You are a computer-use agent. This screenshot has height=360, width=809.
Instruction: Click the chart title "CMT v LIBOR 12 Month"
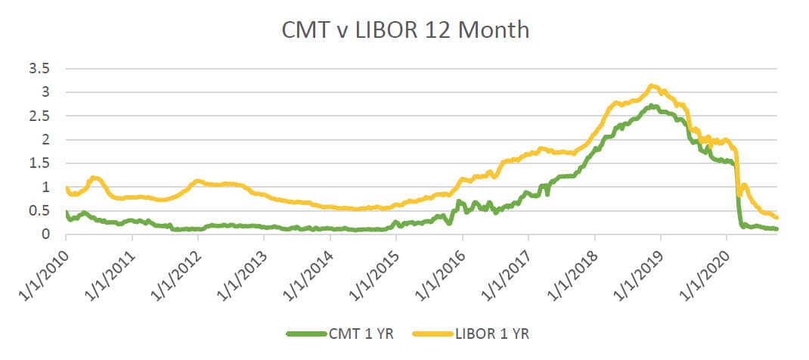[x=405, y=30]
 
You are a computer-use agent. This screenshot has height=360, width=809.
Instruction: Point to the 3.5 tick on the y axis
[x=39, y=69]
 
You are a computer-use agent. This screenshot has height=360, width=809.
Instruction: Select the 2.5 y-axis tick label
[x=39, y=116]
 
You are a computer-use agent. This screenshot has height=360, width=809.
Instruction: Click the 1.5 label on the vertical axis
[x=39, y=163]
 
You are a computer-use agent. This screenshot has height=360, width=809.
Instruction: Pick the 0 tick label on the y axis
[x=46, y=234]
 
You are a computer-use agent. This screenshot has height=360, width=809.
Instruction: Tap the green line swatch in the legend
[x=305, y=333]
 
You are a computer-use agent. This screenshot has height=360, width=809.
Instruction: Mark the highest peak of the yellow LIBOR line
[x=651, y=85]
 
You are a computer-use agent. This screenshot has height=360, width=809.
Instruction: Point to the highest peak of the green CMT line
[x=652, y=106]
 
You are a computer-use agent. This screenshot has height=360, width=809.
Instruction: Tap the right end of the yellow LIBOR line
[x=777, y=218]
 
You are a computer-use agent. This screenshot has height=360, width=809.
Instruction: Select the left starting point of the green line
[x=67, y=213]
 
